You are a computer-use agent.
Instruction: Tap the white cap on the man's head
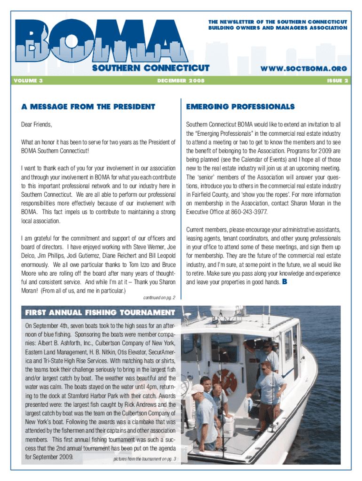coord(197,389)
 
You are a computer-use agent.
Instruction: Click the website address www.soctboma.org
coord(304,69)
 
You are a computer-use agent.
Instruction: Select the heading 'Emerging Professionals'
coord(240,107)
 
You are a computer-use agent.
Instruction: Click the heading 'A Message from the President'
coord(88,107)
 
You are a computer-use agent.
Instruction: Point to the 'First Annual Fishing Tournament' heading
coord(100,312)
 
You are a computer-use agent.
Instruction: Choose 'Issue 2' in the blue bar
coord(337,81)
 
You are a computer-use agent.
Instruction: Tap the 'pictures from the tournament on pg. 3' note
coord(144,459)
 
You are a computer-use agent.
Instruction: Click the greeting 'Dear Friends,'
coord(37,125)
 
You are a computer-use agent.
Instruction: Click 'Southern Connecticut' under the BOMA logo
coord(150,69)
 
